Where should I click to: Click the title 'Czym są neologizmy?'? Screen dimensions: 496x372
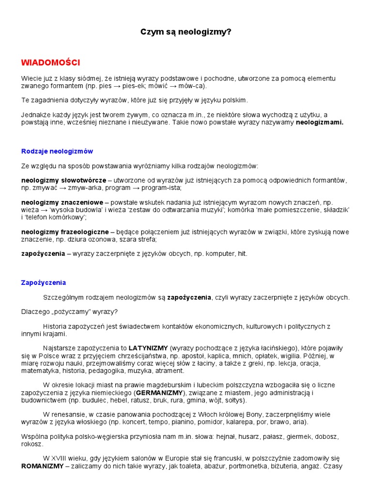186,32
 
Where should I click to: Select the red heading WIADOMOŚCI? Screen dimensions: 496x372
50,62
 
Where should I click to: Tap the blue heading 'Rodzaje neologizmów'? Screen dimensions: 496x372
57,151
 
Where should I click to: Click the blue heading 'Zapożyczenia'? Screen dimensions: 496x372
44,282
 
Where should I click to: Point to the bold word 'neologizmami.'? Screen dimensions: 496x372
319,123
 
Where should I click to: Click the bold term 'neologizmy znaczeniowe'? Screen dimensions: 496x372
62,202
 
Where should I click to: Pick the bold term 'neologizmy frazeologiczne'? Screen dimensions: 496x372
65,232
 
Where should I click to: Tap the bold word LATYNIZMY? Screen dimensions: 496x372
148,348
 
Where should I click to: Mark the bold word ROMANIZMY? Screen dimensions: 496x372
42,466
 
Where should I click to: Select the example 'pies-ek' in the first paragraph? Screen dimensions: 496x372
125,86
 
